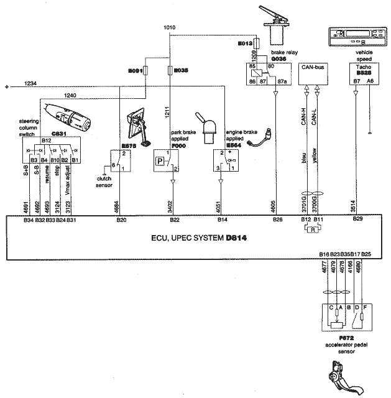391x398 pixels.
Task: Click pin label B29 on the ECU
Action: click(357, 220)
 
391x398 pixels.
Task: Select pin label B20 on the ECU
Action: click(122, 220)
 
